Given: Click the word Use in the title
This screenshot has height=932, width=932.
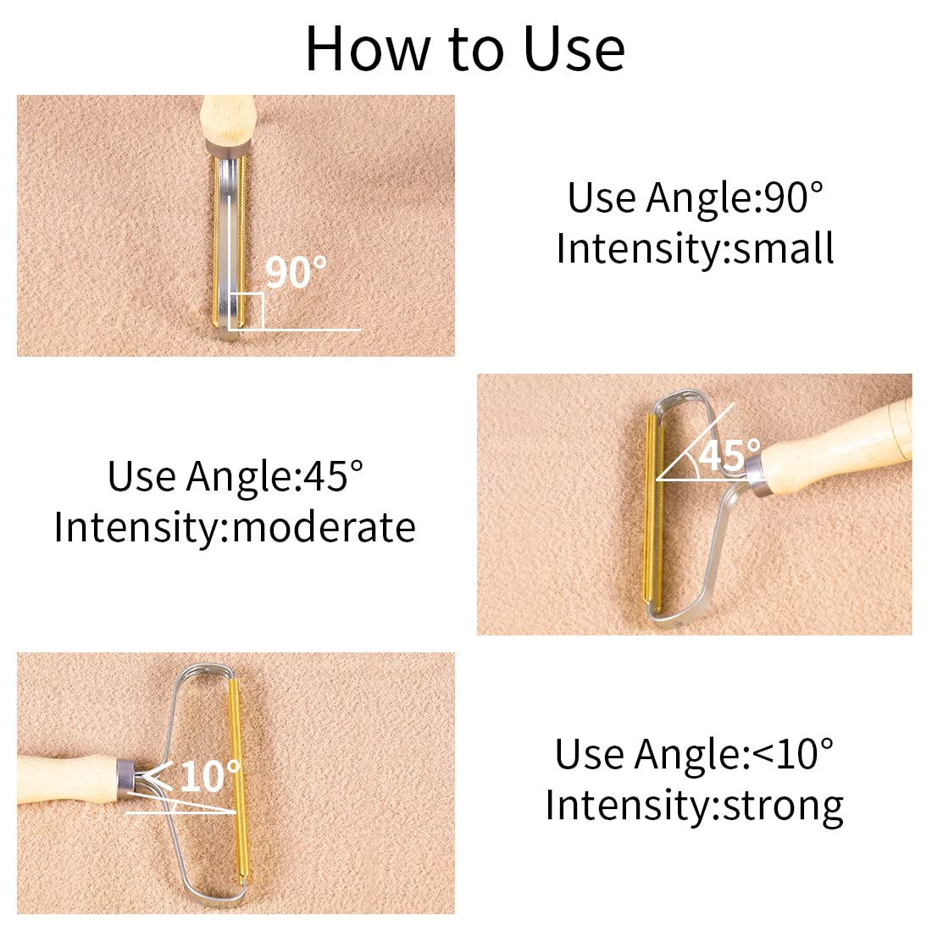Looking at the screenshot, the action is click(x=574, y=49).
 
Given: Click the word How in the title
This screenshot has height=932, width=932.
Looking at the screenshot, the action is click(x=368, y=49).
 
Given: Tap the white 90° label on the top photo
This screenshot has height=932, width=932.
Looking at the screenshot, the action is click(x=296, y=272).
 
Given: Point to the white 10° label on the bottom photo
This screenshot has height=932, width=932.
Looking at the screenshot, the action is click(x=210, y=775).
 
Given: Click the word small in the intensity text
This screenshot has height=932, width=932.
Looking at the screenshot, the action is click(x=784, y=248).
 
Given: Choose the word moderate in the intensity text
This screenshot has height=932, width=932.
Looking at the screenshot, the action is click(x=324, y=527).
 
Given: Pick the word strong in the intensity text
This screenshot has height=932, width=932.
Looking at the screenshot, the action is click(x=784, y=807).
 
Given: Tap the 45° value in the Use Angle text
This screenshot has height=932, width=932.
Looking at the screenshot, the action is click(x=334, y=476).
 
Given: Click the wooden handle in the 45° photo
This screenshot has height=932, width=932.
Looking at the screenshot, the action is click(x=835, y=449).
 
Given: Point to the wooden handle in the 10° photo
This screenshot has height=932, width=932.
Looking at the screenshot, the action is click(x=69, y=778).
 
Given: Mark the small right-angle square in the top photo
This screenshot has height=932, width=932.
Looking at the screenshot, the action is click(x=246, y=311).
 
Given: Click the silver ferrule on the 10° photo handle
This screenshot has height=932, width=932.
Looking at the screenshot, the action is click(x=127, y=778).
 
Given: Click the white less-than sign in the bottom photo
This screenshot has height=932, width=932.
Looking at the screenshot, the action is click(x=157, y=775).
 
